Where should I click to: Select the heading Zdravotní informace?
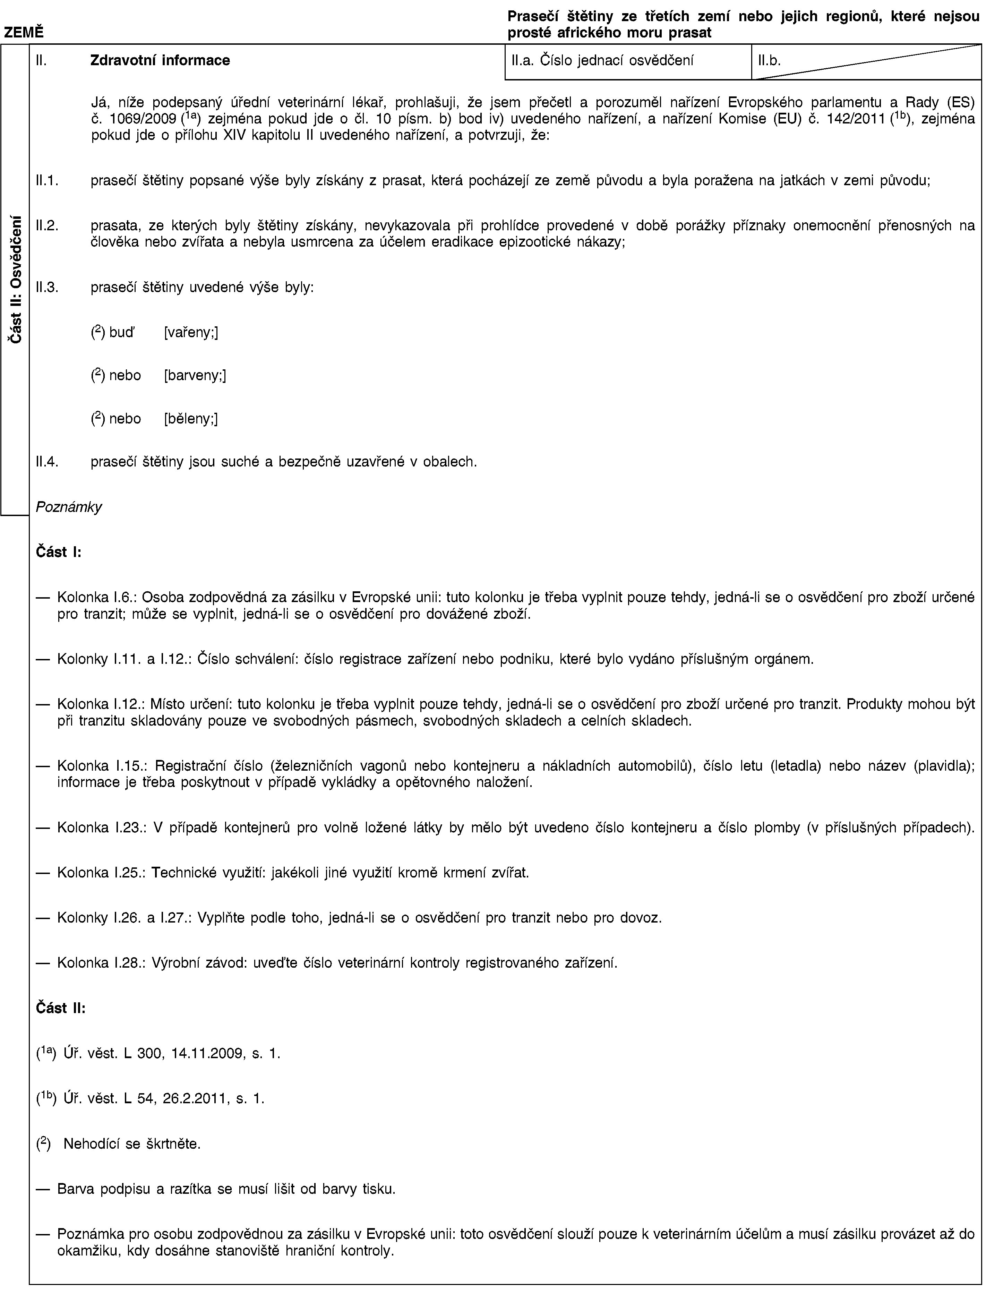click(x=160, y=60)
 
